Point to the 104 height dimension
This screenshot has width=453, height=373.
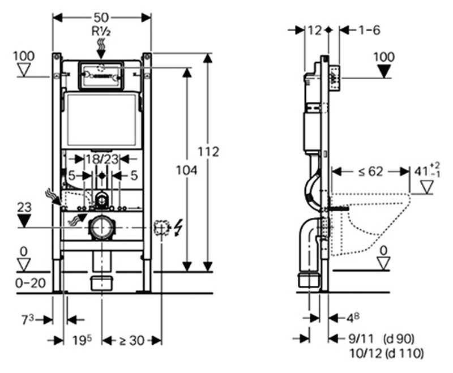(x=186, y=170)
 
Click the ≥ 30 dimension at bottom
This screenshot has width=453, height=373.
(x=130, y=340)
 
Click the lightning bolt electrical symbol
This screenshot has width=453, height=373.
(x=178, y=228)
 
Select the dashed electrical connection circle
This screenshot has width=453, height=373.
(x=161, y=228)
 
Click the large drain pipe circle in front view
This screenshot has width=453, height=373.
(x=102, y=228)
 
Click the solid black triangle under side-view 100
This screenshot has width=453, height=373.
(x=384, y=71)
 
